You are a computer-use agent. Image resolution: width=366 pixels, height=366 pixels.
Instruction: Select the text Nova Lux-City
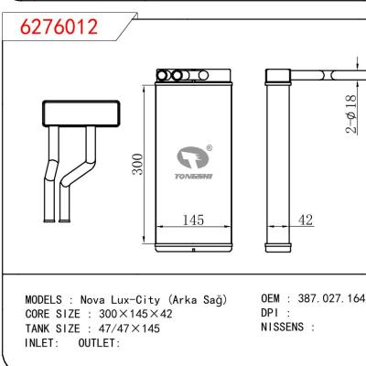click(116, 300)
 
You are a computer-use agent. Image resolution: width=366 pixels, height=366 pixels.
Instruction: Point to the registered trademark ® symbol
click(210, 148)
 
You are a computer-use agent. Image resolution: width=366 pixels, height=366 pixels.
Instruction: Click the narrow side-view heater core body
click(276, 165)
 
